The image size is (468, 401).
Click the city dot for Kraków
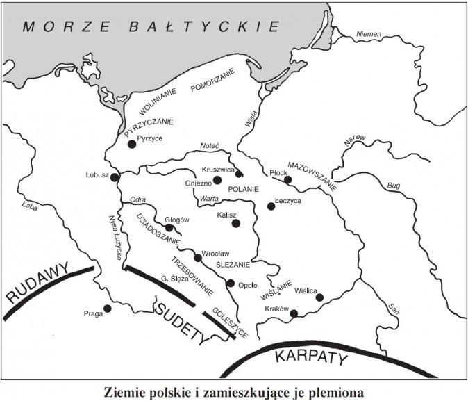294,313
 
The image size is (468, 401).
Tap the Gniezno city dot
217,180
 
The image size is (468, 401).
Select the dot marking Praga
107,309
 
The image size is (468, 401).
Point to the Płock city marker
288,180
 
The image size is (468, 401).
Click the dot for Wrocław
198,258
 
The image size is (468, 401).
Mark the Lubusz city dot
115,177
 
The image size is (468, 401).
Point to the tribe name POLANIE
243,189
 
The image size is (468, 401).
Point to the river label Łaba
29,206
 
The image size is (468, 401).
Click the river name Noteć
209,146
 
